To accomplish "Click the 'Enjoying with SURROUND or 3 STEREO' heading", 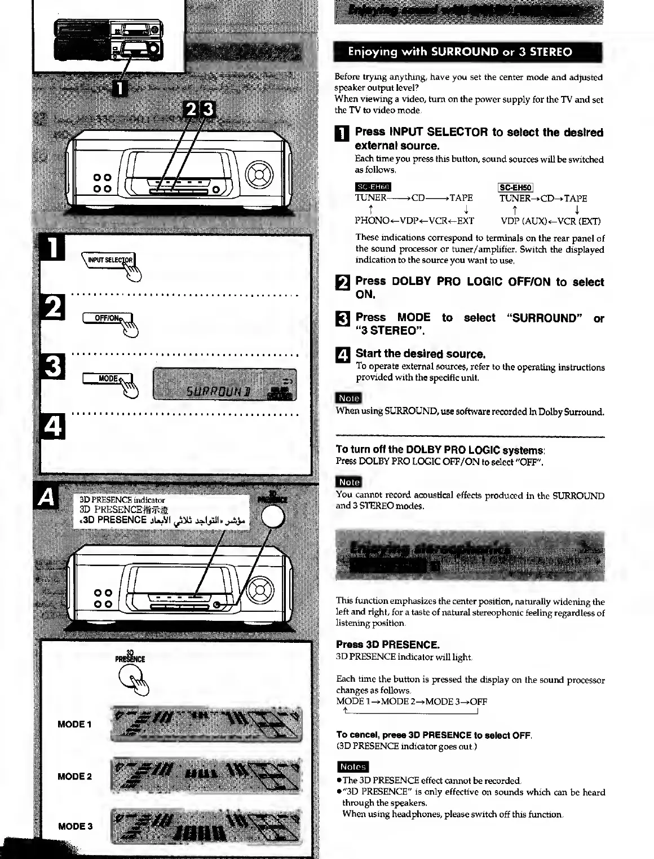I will pyautogui.click(x=459, y=52).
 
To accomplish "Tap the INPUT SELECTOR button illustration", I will pyautogui.click(x=110, y=260).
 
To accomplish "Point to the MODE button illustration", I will pyautogui.click(x=108, y=379).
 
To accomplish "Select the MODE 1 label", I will pyautogui.click(x=74, y=724).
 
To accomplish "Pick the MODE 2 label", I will pyautogui.click(x=74, y=776).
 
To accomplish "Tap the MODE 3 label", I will pyautogui.click(x=74, y=826).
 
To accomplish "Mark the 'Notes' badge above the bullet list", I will pyautogui.click(x=352, y=766).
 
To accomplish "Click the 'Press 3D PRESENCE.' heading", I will pyautogui.click(x=387, y=645).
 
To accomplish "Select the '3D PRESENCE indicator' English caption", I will pyautogui.click(x=122, y=499).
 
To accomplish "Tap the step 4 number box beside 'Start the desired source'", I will pyautogui.click(x=343, y=355).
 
